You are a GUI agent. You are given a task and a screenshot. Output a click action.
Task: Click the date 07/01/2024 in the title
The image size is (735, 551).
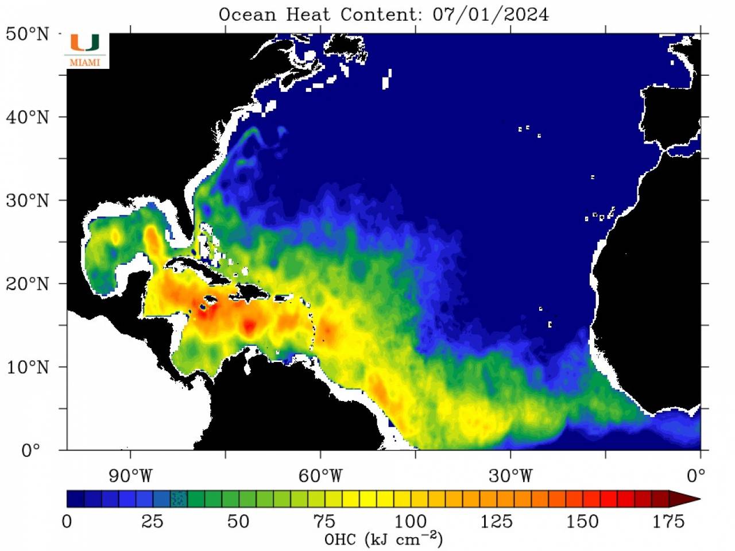click(x=490, y=14)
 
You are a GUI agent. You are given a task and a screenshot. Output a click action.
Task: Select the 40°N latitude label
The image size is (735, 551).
click(x=27, y=117)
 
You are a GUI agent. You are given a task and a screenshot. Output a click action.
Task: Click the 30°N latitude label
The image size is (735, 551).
click(x=27, y=201)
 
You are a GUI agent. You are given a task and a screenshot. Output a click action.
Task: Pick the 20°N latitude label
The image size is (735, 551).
click(x=27, y=284)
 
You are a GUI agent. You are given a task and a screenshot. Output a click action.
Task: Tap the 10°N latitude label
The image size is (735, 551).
click(x=27, y=367)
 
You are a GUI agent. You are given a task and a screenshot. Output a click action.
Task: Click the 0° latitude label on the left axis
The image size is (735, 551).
click(x=31, y=450)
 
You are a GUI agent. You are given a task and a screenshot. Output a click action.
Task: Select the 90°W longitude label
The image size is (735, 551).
click(x=131, y=476)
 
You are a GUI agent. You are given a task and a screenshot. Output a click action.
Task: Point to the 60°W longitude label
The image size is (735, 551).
click(x=320, y=476)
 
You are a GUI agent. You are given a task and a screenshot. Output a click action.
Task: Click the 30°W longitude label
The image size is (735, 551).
click(x=510, y=476)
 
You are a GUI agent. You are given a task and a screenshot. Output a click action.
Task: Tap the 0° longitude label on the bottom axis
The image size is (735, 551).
click(x=696, y=476)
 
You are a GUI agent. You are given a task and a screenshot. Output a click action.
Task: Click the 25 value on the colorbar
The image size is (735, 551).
click(x=152, y=522)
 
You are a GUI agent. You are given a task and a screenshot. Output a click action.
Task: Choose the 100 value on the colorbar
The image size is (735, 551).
click(x=410, y=522)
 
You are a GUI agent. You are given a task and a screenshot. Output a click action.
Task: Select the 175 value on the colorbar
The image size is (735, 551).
click(x=668, y=522)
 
